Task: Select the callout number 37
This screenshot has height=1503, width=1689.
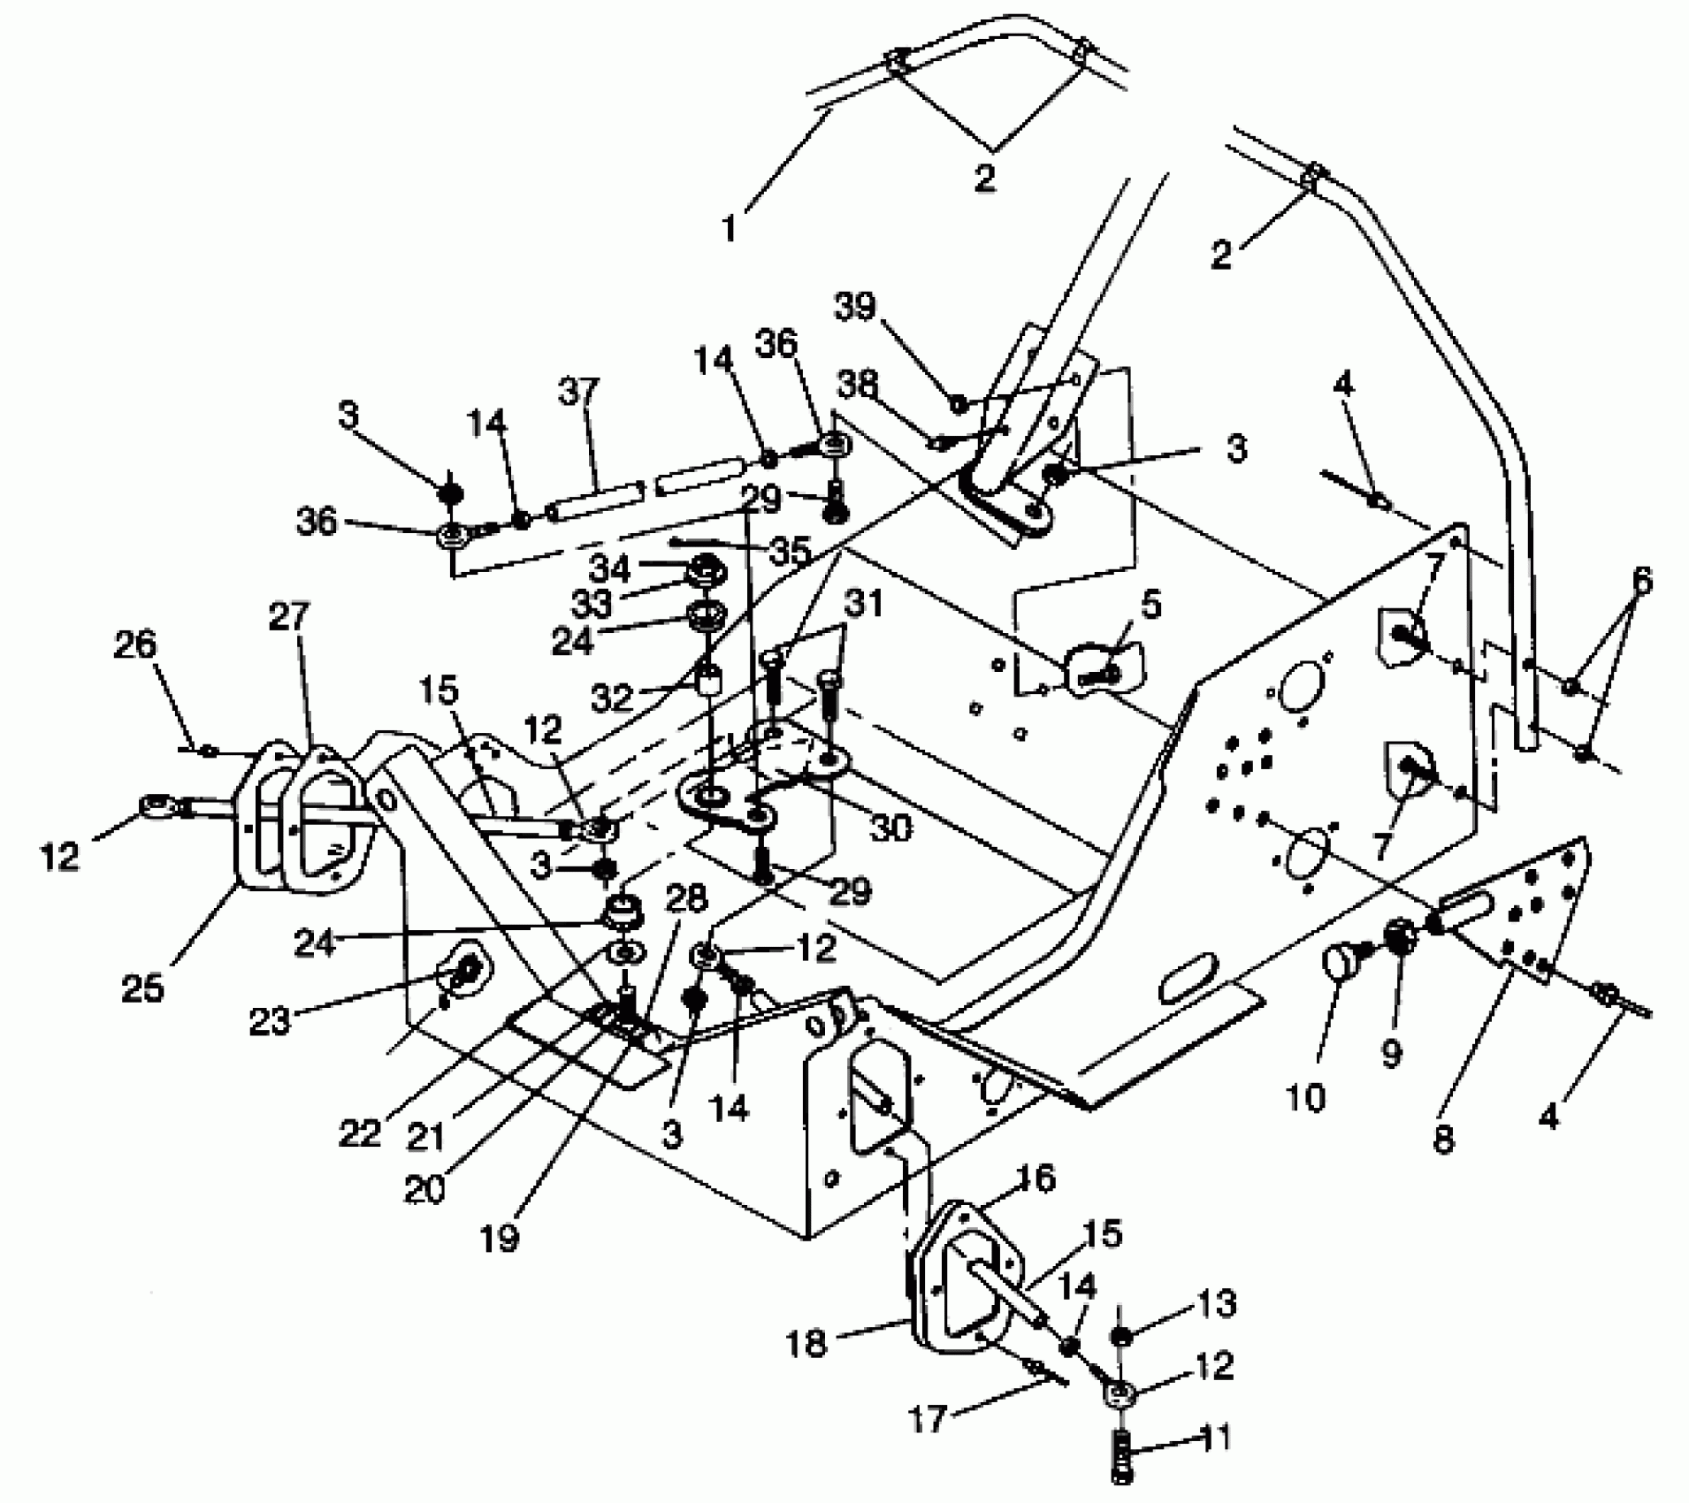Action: click(x=579, y=392)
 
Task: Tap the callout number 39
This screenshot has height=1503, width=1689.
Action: click(x=854, y=307)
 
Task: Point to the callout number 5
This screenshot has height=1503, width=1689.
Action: click(x=1150, y=607)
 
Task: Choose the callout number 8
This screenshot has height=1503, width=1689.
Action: click(x=1442, y=1139)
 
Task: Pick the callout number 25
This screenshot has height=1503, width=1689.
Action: click(x=143, y=988)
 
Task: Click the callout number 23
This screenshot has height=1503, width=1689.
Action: click(x=270, y=1022)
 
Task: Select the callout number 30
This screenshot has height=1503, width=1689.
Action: click(x=890, y=828)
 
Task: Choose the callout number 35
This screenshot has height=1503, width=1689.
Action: click(x=789, y=552)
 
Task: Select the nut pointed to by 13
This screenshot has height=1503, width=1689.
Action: click(x=1120, y=1338)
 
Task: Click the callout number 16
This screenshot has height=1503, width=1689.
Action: click(x=1036, y=1179)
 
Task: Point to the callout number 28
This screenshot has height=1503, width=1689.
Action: click(x=685, y=900)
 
